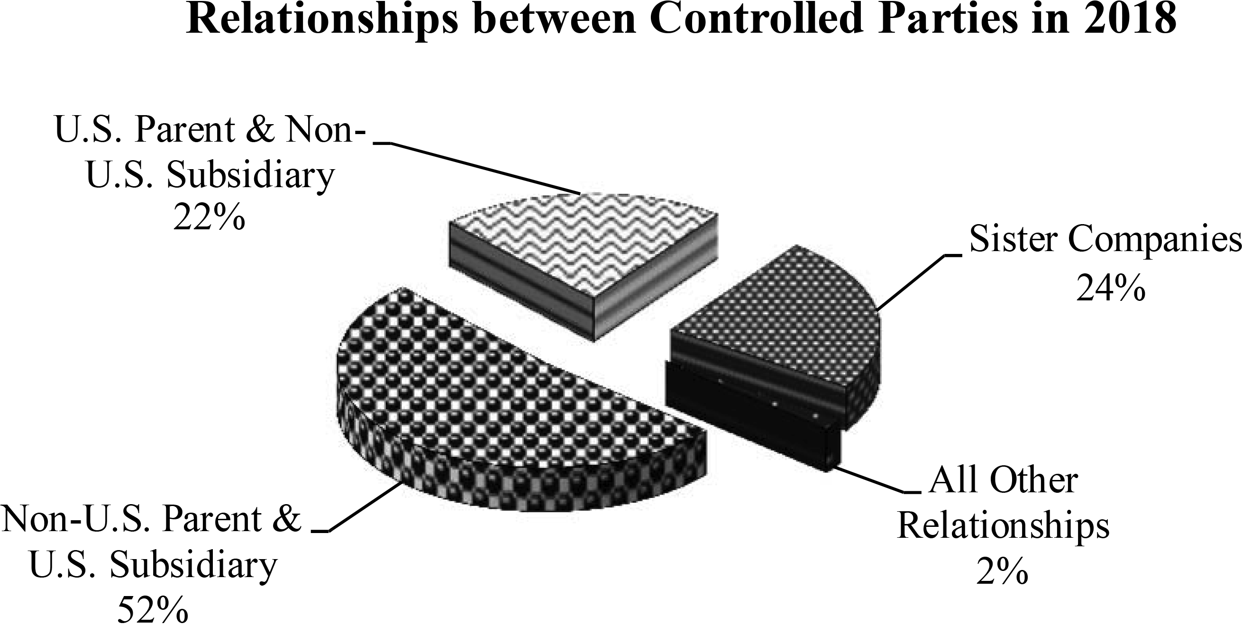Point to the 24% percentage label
coord(1110,289)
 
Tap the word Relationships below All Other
coord(1003,526)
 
